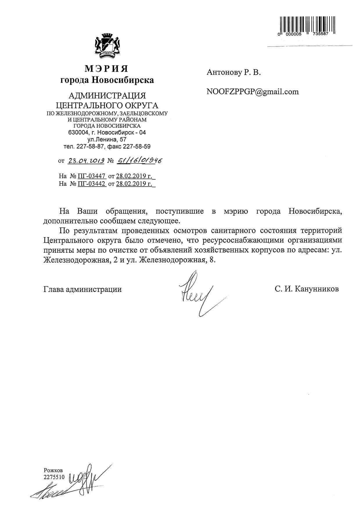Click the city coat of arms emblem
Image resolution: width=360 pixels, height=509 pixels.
point(107,46)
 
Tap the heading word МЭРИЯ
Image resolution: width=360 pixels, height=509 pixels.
point(107,69)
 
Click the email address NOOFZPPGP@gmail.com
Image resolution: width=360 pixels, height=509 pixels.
point(252,92)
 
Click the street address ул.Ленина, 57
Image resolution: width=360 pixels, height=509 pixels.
point(107,140)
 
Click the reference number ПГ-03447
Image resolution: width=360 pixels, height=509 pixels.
point(91,176)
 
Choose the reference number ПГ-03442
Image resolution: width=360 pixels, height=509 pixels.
point(91,183)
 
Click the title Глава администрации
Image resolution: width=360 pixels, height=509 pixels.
point(82,289)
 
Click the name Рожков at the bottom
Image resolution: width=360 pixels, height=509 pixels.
point(53,470)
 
